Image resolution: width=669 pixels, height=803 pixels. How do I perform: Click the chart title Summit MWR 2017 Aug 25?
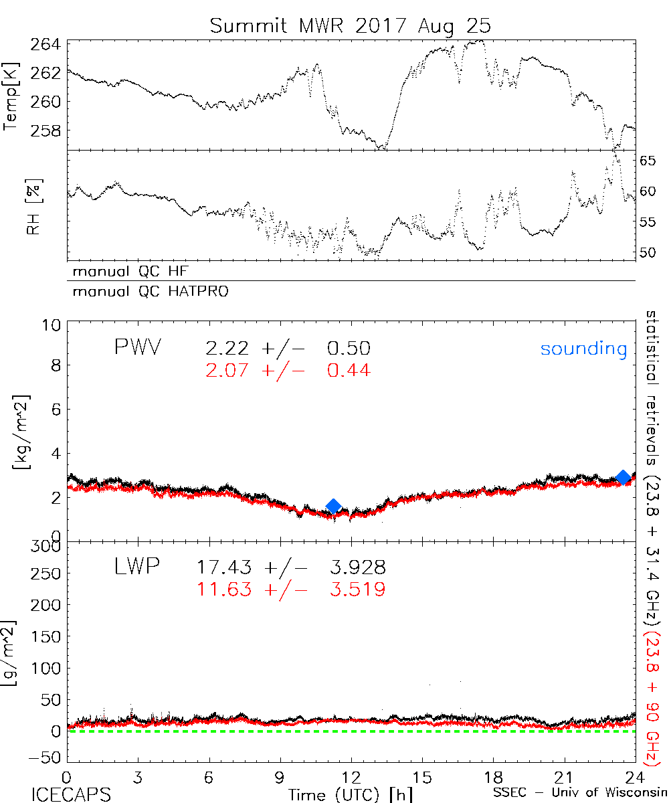coord(351,25)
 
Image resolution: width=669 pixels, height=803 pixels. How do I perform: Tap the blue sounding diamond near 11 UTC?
coord(333,507)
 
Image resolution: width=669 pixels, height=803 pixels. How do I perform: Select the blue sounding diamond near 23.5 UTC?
coord(624,477)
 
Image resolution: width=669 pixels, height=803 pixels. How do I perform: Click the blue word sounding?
coord(583,349)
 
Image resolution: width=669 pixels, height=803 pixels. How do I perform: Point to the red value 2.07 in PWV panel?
coord(228,370)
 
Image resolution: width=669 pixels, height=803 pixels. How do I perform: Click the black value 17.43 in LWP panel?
coord(224,568)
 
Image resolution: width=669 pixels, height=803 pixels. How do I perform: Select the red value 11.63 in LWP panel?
coord(224,590)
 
